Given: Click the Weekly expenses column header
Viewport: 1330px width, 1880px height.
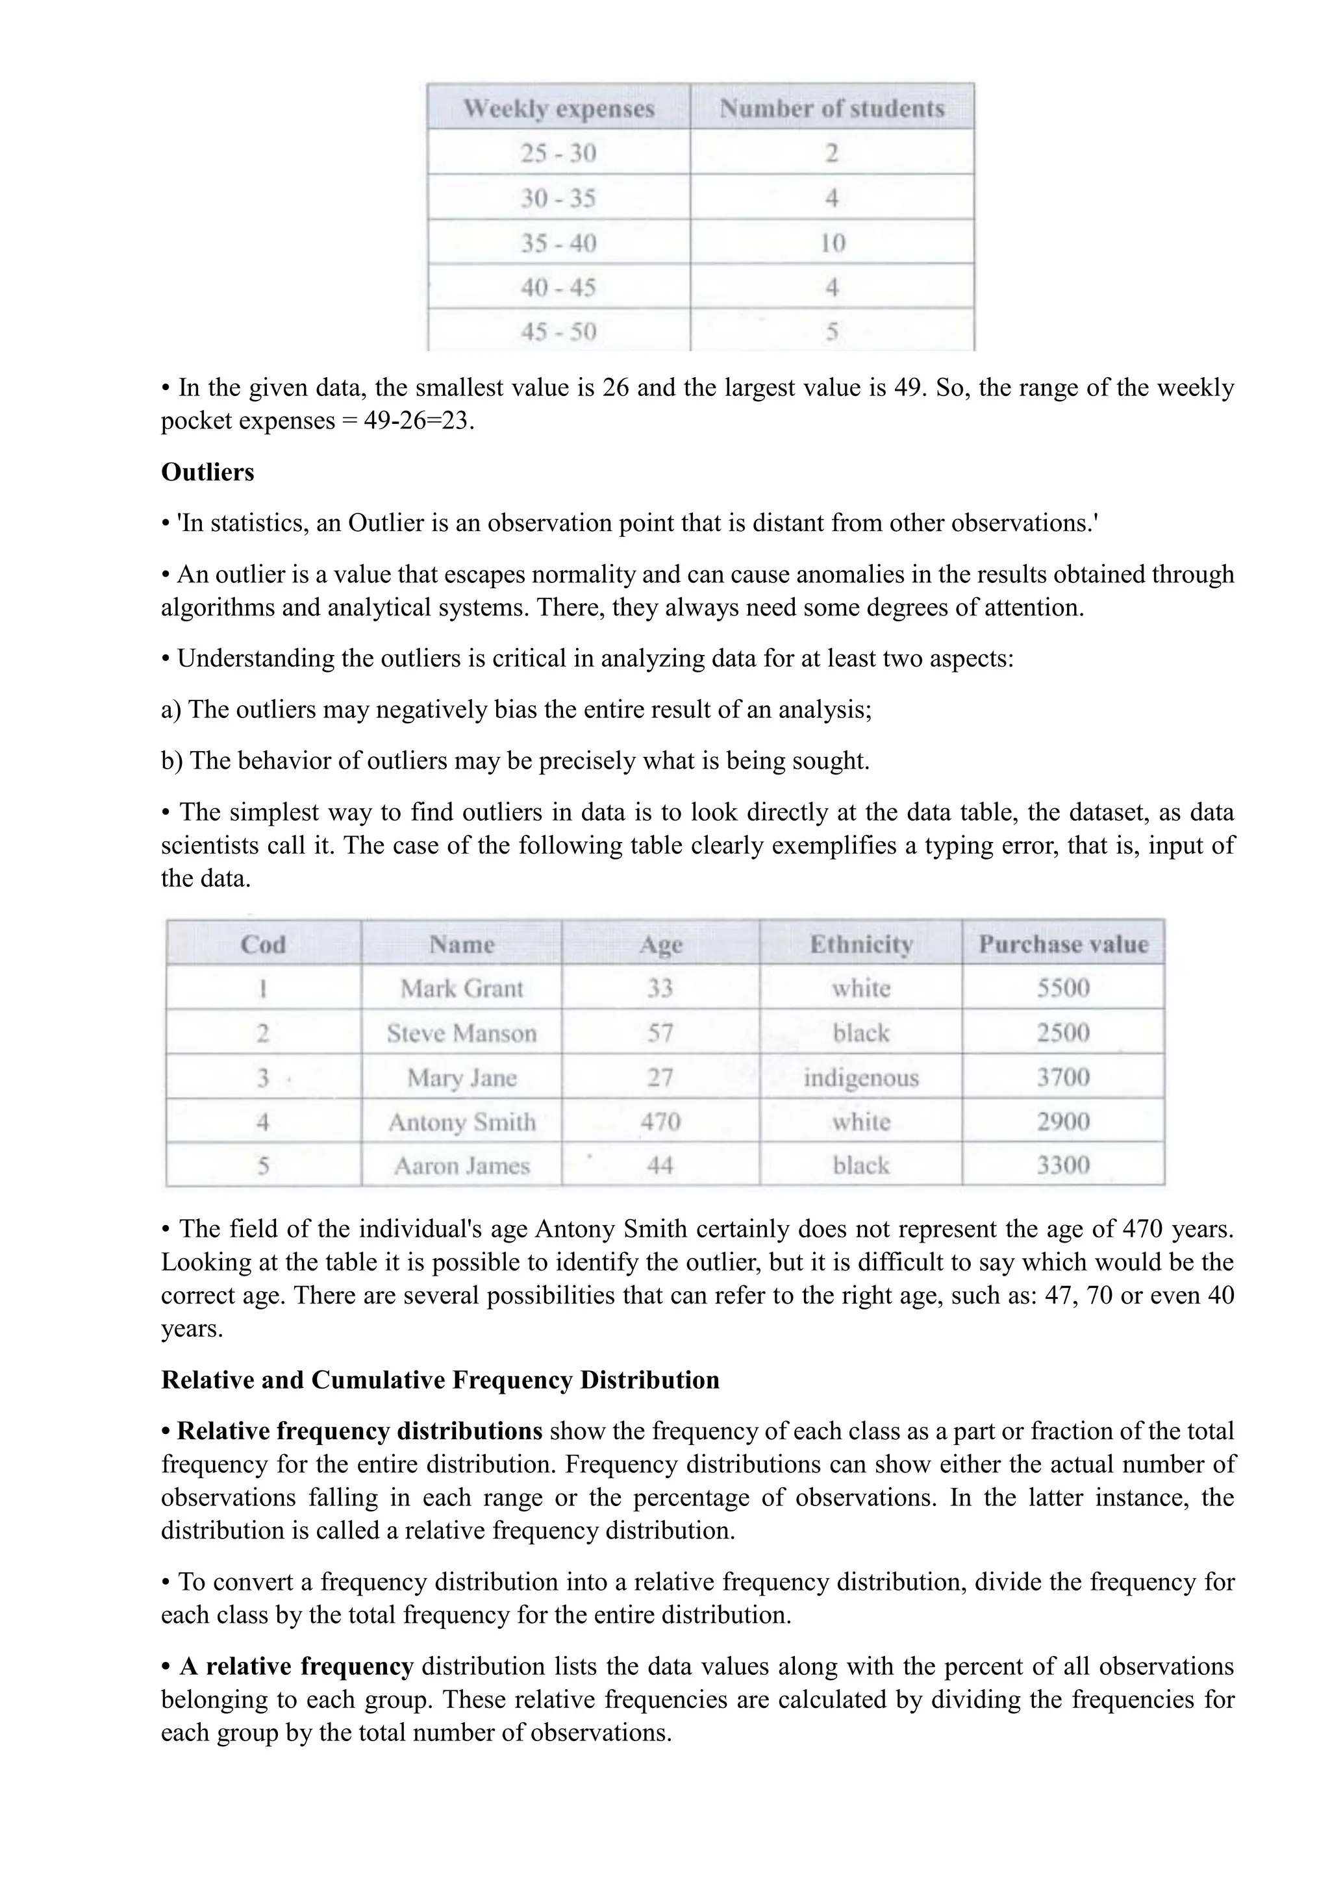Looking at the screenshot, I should [x=558, y=108].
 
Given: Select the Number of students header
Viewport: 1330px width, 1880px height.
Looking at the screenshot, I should [x=831, y=108].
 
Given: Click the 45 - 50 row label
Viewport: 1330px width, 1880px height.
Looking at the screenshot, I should [x=558, y=332].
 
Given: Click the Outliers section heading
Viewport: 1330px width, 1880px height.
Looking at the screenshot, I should [x=207, y=473].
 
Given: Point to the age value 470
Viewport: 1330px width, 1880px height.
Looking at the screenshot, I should [x=660, y=1121].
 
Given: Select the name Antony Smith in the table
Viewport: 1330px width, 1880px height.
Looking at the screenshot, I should [x=462, y=1122].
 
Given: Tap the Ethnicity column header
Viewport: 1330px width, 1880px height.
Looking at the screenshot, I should [x=860, y=944].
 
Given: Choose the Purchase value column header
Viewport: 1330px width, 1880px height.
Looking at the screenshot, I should [x=1063, y=944].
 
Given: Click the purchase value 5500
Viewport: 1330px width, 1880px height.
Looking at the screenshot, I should [x=1063, y=988].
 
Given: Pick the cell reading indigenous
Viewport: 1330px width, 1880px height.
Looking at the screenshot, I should [x=860, y=1078].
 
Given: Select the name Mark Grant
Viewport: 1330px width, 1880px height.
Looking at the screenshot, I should [x=462, y=988].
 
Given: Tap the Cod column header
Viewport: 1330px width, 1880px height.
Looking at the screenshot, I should [x=263, y=944].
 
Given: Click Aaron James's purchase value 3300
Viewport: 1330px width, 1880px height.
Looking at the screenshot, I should [x=1063, y=1165].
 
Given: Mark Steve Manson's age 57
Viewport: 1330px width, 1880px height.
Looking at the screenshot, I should [x=660, y=1033].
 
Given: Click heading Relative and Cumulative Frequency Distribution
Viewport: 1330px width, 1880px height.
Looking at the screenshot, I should [x=440, y=1379].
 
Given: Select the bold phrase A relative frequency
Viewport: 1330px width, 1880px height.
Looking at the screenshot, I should [x=295, y=1666].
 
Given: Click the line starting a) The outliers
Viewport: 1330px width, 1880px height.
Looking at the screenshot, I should [x=516, y=709].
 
